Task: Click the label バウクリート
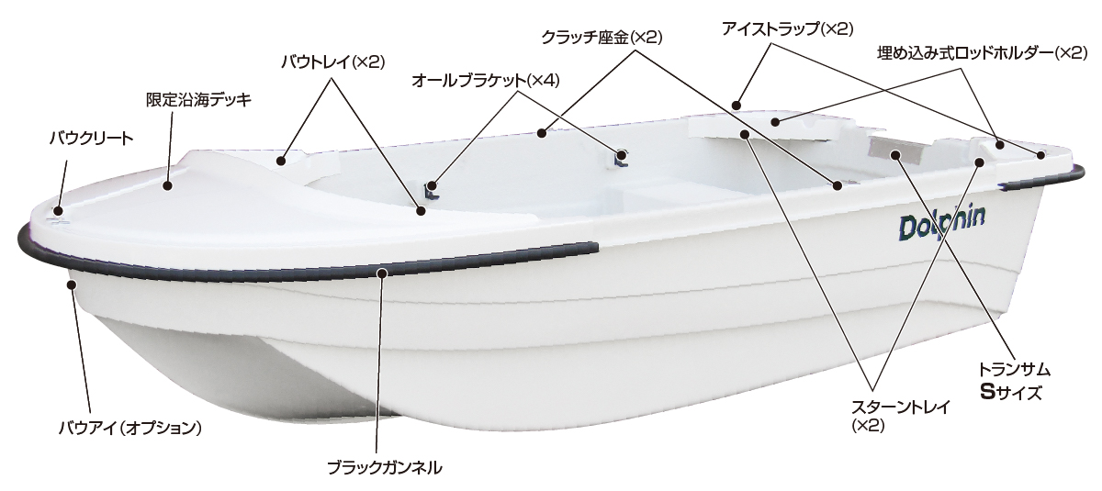click(91, 139)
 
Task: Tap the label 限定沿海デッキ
click(198, 98)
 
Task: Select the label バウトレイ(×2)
click(332, 61)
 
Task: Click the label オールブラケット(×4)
click(486, 81)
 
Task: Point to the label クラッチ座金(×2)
click(602, 38)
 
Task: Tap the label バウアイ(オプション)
click(129, 427)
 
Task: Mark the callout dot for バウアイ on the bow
click(70, 284)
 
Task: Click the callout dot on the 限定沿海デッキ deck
click(168, 185)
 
